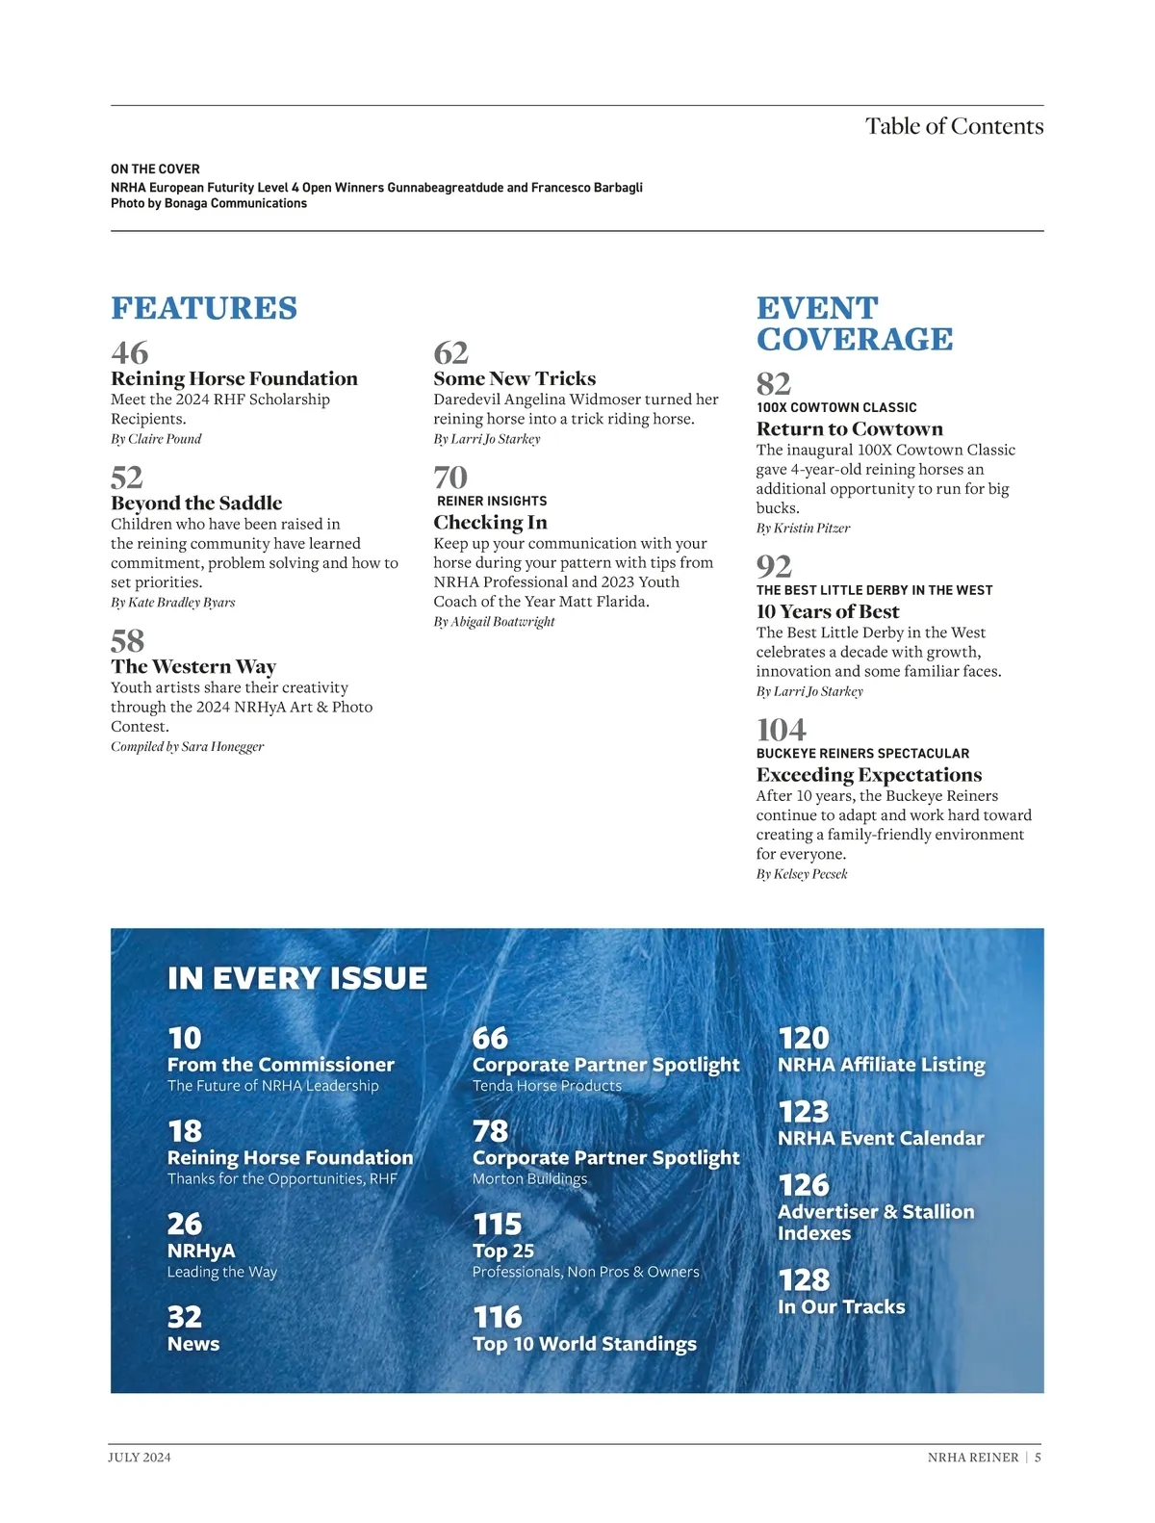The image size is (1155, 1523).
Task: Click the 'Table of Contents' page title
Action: pyautogui.click(x=954, y=126)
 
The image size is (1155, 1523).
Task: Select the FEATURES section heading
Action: pyautogui.click(x=204, y=308)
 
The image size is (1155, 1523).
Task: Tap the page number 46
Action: pyautogui.click(x=130, y=352)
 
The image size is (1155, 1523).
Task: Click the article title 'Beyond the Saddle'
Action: pyautogui.click(x=196, y=503)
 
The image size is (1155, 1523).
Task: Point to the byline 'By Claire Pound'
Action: pyautogui.click(x=156, y=439)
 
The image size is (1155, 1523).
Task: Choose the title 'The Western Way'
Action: pyautogui.click(x=193, y=666)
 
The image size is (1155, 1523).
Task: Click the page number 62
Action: pyautogui.click(x=450, y=352)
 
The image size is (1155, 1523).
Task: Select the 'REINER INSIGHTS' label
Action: pyautogui.click(x=492, y=501)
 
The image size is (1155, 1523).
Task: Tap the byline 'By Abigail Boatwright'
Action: pyautogui.click(x=494, y=622)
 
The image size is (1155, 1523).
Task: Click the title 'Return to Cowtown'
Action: pyautogui.click(x=850, y=428)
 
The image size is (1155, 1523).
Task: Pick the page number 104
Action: pyautogui.click(x=782, y=730)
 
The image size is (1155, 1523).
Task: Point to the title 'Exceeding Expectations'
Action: pyautogui.click(x=869, y=775)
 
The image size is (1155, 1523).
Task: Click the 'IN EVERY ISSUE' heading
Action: pyautogui.click(x=297, y=978)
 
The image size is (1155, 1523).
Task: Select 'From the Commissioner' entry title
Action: pyautogui.click(x=281, y=1064)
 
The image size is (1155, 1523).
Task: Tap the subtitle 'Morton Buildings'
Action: pyautogui.click(x=529, y=1178)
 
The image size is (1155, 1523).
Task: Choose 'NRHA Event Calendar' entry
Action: pyautogui.click(x=881, y=1138)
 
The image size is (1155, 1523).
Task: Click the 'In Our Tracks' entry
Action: pyautogui.click(x=841, y=1306)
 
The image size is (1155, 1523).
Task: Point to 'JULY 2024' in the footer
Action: pyautogui.click(x=140, y=1458)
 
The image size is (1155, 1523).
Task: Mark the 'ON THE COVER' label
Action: pyautogui.click(x=155, y=168)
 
